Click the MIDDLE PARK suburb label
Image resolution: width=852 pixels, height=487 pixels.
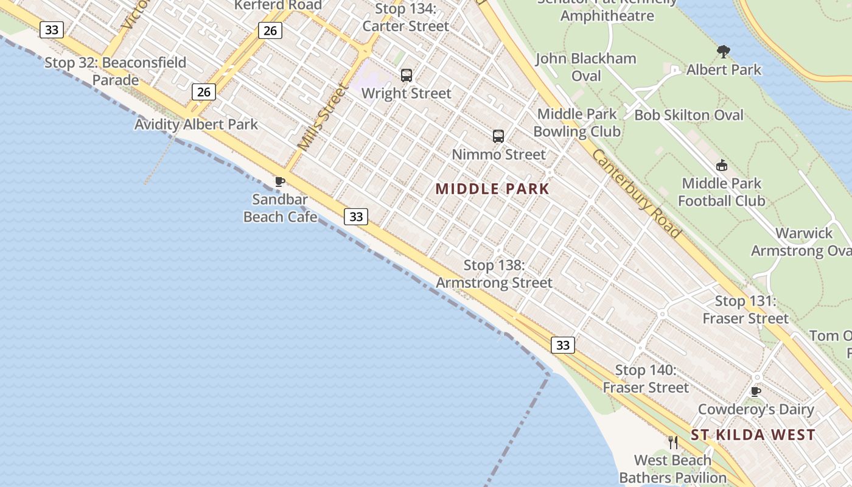(x=492, y=189)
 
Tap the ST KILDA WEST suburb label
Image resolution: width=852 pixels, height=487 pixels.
(x=753, y=435)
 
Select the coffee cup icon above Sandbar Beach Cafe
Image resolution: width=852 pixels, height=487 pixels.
(x=280, y=181)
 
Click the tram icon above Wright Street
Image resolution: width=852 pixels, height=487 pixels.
(x=407, y=75)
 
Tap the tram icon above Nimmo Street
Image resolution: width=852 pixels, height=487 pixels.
(x=498, y=136)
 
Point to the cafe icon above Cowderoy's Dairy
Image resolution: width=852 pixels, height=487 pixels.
(x=756, y=391)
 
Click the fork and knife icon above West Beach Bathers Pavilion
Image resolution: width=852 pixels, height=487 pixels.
(x=673, y=443)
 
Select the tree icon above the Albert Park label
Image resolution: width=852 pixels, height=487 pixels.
(x=724, y=52)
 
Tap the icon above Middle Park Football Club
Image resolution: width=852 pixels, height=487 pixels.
(x=722, y=165)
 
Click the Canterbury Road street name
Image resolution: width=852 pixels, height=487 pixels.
(x=636, y=193)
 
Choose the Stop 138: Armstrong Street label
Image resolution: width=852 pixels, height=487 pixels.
(x=494, y=274)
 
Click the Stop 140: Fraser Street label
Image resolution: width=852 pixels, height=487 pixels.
(x=646, y=379)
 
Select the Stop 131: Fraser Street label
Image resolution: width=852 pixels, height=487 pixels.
(x=745, y=309)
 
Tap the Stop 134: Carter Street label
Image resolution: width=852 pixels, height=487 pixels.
(x=406, y=18)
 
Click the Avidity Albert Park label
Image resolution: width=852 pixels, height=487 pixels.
(x=196, y=125)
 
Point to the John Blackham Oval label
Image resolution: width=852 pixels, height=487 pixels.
(x=586, y=67)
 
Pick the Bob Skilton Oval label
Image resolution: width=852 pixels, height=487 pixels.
(x=689, y=115)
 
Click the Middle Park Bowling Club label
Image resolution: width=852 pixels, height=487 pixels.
(x=577, y=122)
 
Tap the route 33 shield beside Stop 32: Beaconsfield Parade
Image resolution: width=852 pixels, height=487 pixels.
(x=52, y=29)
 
